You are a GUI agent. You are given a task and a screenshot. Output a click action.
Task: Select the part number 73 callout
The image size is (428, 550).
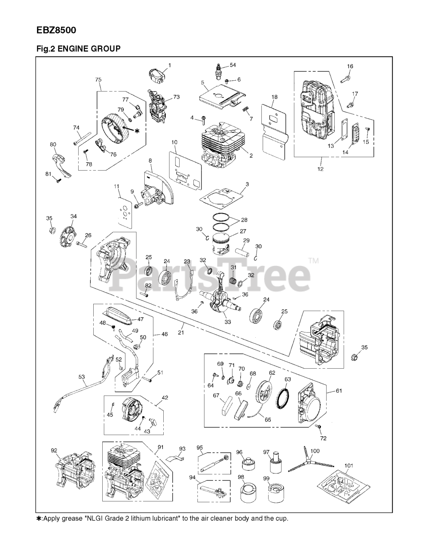point(176,97)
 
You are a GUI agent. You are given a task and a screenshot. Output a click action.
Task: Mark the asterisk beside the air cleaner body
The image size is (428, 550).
point(137,130)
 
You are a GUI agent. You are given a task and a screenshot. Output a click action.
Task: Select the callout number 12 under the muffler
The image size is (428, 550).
point(320,169)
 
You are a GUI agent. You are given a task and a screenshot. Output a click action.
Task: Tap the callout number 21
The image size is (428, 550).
point(181,332)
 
